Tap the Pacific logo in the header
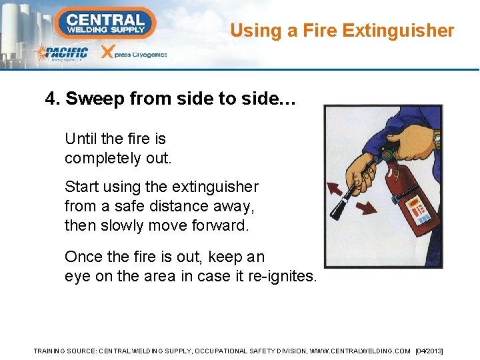pyautogui.click(x=62, y=53)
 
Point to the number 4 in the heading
pyautogui.click(x=51, y=99)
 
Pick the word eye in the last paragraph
pyautogui.click(x=75, y=275)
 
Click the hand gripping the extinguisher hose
pyautogui.click(x=361, y=170)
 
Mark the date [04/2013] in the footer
pyautogui.click(x=429, y=351)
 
